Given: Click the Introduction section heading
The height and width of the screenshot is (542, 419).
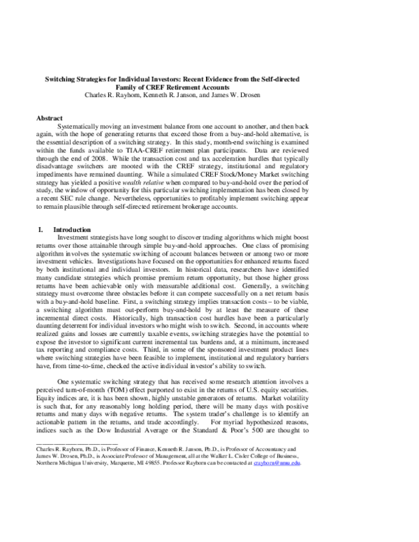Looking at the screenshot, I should pos(74,230).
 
